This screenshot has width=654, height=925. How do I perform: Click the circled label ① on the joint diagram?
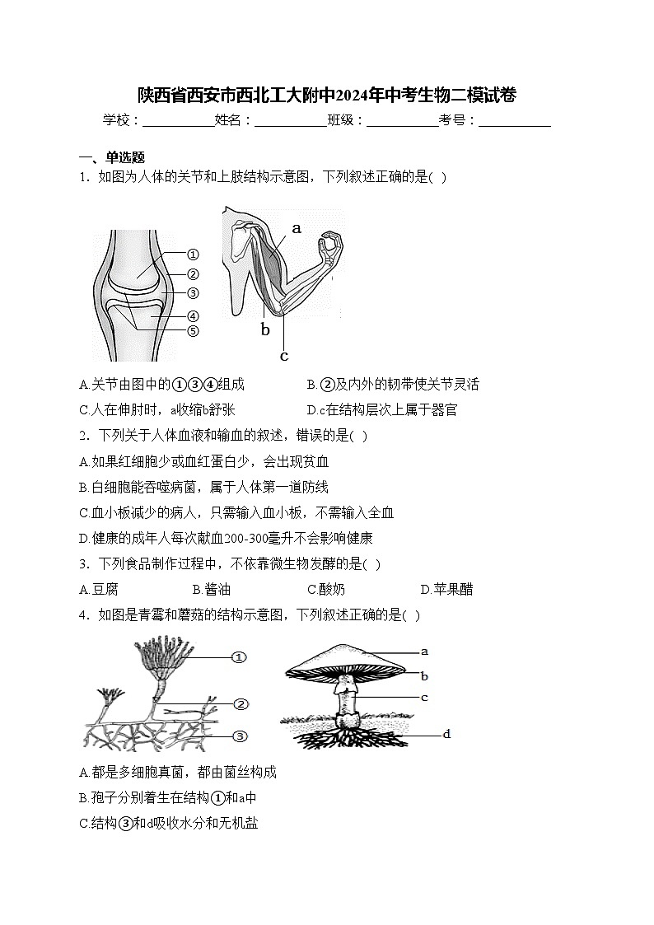pyautogui.click(x=193, y=255)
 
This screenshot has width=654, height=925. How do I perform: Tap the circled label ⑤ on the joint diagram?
pyautogui.click(x=193, y=331)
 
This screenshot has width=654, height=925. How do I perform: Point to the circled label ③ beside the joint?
pyautogui.click(x=193, y=292)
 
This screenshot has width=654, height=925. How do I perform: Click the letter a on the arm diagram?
pyautogui.click(x=297, y=228)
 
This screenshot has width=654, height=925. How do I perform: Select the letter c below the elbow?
pyautogui.click(x=284, y=356)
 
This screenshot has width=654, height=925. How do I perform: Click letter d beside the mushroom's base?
pyautogui.click(x=446, y=734)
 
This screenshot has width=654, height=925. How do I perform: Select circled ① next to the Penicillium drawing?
pyautogui.click(x=239, y=656)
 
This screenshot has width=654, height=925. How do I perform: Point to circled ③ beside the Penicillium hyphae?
pyautogui.click(x=241, y=736)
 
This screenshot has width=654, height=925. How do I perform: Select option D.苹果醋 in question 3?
pyautogui.click(x=446, y=589)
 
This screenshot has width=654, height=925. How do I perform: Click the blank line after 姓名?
pyautogui.click(x=290, y=121)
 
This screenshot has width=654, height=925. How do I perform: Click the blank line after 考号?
pyautogui.click(x=514, y=121)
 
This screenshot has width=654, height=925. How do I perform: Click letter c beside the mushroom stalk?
pyautogui.click(x=423, y=698)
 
